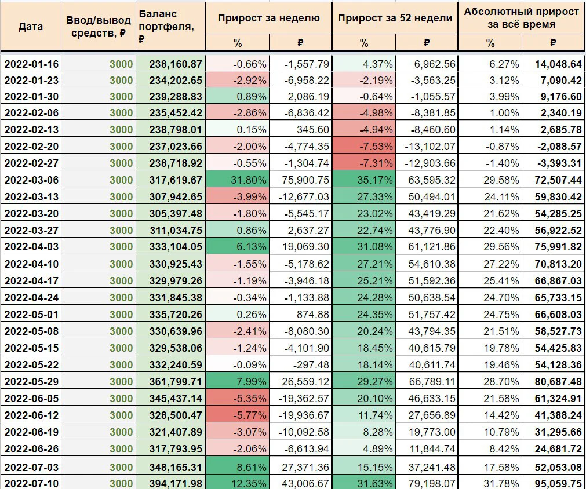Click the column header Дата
[30, 27]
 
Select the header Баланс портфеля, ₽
[166, 26]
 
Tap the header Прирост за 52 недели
[395, 17]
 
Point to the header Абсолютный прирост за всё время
[521, 18]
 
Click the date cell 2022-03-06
[31, 180]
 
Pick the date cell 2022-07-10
[31, 483]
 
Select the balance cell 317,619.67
[176, 180]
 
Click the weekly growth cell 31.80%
[249, 180]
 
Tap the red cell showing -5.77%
[250, 415]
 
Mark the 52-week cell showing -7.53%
[376, 146]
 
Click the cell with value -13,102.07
[430, 146]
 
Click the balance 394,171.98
[176, 483]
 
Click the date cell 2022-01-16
[31, 64]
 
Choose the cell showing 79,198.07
[432, 483]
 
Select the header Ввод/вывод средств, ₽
[99, 27]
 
